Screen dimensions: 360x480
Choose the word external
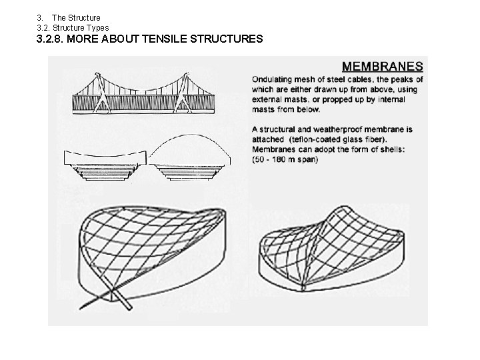click(x=271, y=99)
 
